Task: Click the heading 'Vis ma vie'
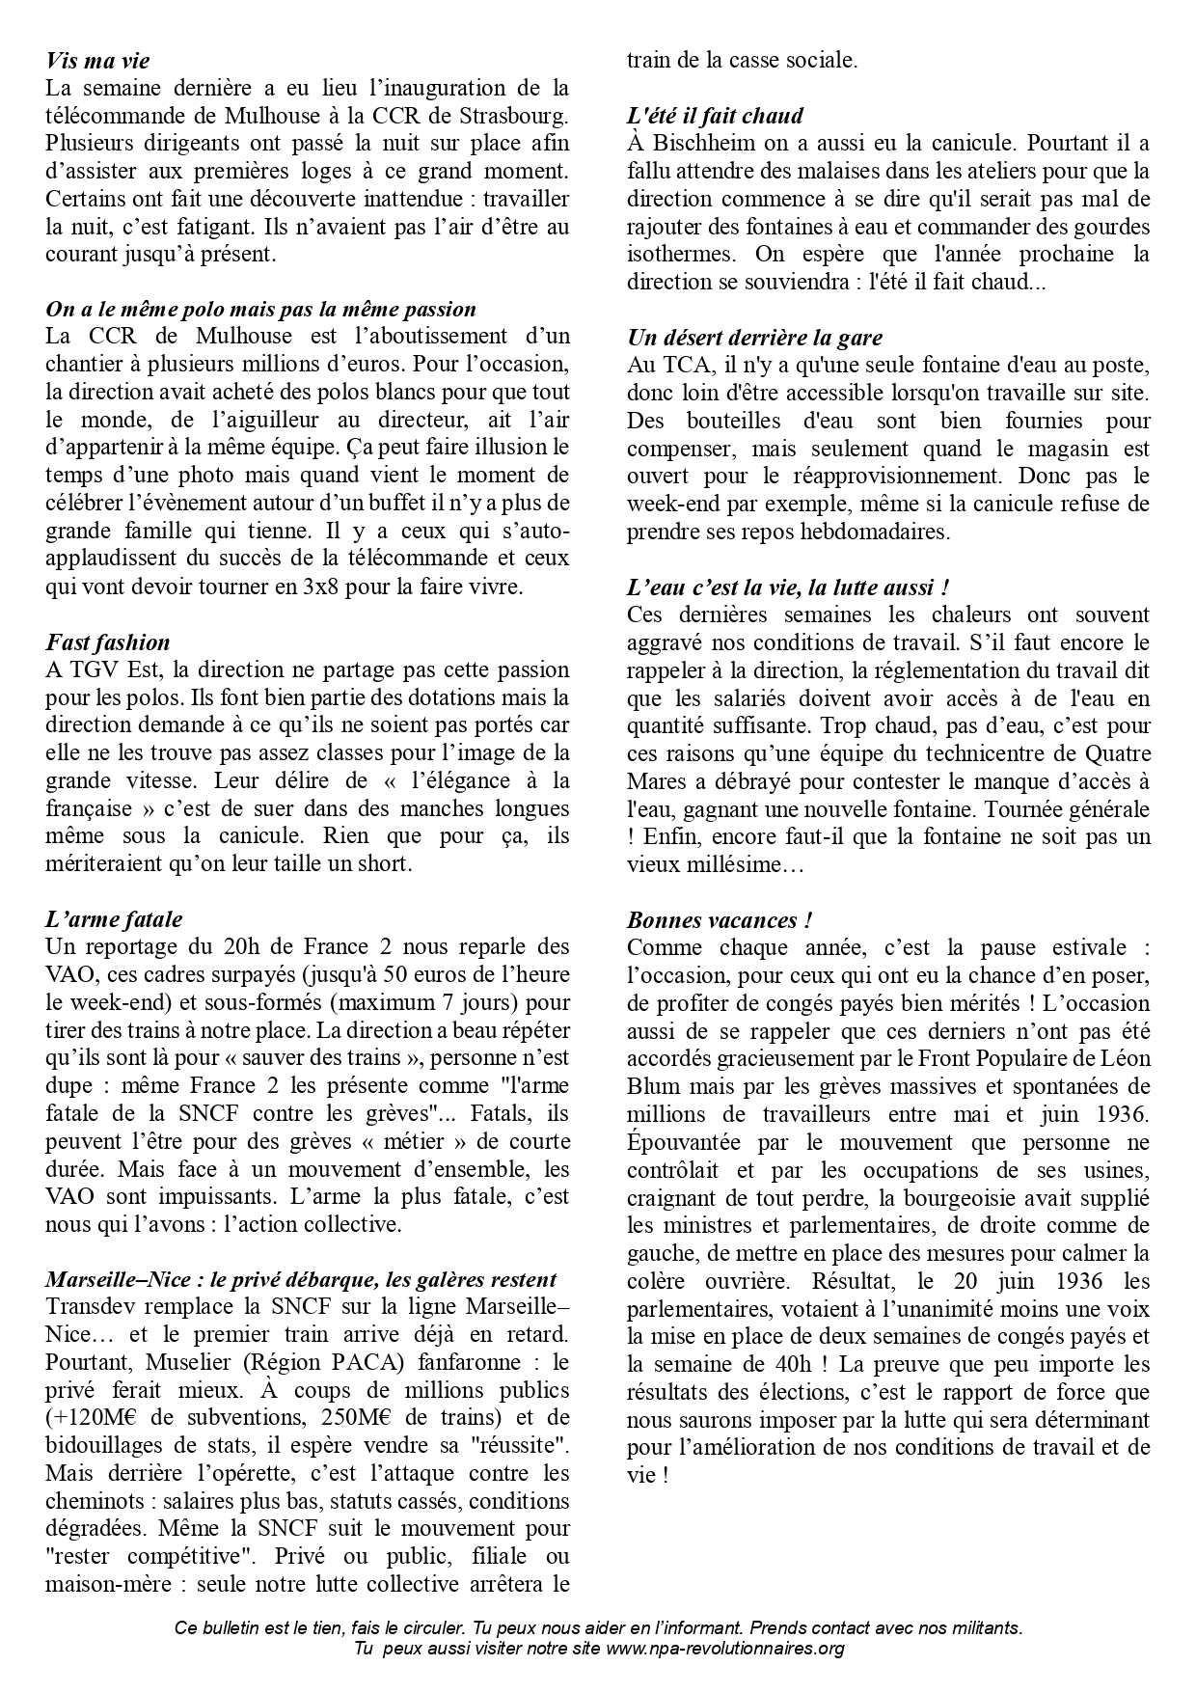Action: coord(97,61)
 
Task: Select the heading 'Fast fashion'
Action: coord(107,642)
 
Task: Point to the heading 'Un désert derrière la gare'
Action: coord(754,338)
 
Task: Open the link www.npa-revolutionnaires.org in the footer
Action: coord(724,1648)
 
